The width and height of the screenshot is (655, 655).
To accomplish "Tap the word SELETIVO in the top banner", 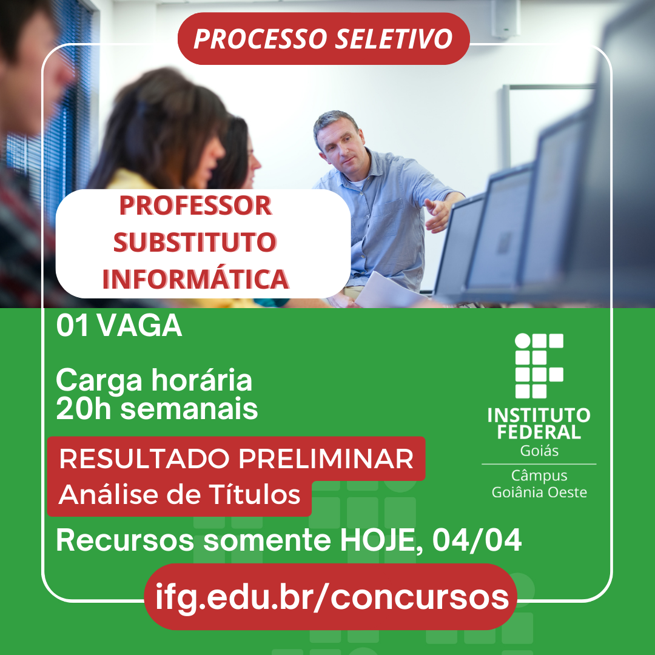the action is point(394,39).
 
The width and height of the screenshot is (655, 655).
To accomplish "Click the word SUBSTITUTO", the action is point(195,242).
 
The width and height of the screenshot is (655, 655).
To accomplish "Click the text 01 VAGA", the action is point(119,326).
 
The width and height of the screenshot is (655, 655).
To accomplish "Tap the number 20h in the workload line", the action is point(83,409).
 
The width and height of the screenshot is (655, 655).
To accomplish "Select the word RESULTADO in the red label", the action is point(144,458).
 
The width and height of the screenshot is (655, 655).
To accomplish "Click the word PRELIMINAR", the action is point(326,458).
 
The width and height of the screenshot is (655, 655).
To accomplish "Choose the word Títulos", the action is point(254,494).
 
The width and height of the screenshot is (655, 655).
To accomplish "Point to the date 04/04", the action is point(477,540).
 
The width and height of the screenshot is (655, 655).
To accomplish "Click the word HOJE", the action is point(380,541).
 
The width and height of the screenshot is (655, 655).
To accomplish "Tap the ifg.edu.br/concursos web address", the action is point(332,597).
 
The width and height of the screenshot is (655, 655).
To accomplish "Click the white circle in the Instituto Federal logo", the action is point(523,341).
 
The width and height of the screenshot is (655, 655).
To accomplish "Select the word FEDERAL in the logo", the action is point(539,432).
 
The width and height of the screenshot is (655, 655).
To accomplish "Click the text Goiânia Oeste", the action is point(539,492).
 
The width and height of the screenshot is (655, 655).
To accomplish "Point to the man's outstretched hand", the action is point(437,213).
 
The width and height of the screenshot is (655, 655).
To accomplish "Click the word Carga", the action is point(99,381).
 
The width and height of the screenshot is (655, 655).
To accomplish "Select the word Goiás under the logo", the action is point(539,451).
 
